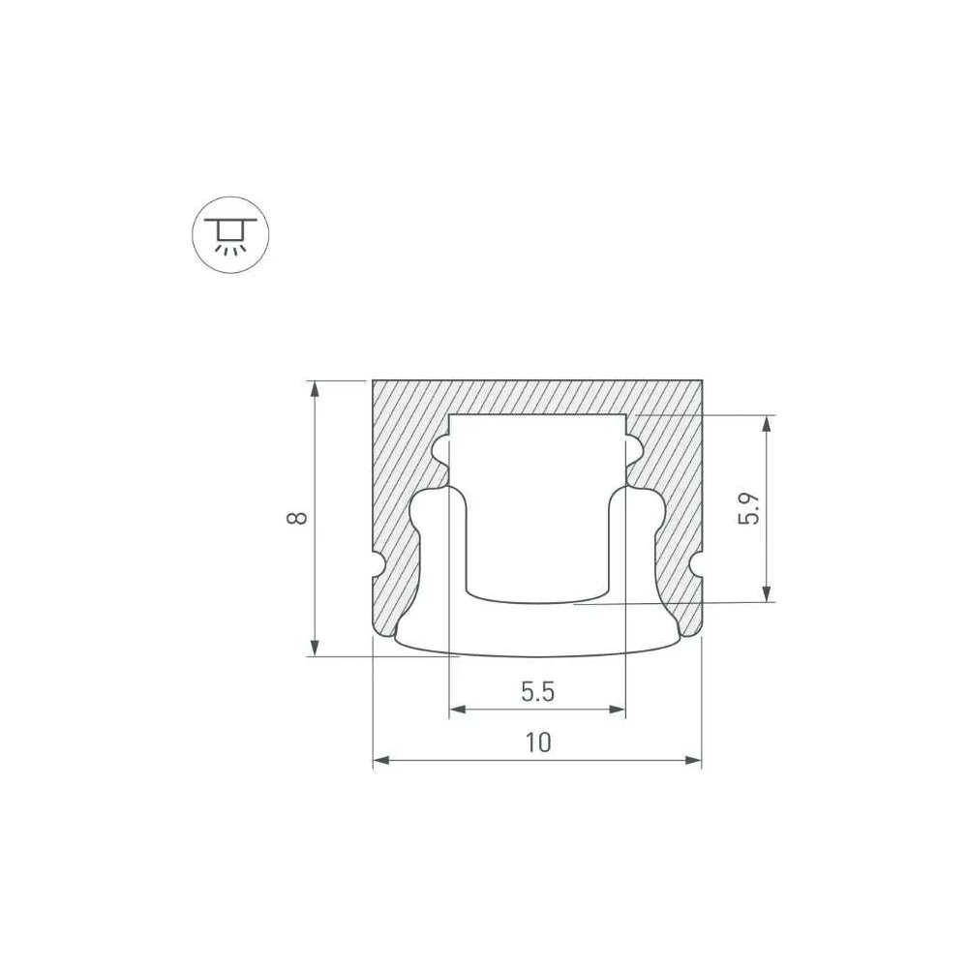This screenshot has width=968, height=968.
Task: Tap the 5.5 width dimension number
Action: (537, 691)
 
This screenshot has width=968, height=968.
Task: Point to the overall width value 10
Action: (538, 742)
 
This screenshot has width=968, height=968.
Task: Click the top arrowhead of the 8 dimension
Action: (315, 389)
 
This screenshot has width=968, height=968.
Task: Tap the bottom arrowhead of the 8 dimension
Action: (315, 648)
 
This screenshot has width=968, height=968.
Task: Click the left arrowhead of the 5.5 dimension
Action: (458, 710)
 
